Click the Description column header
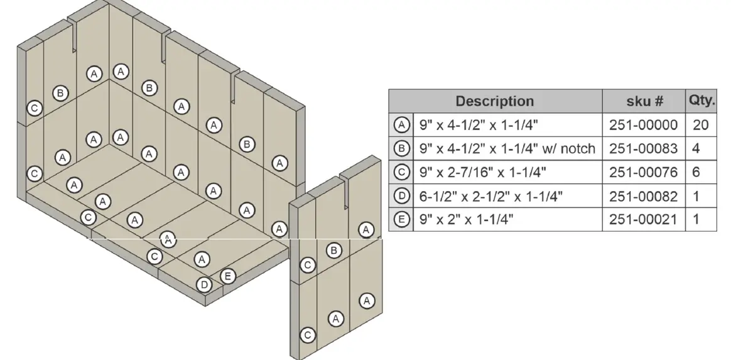494,101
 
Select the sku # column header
643,101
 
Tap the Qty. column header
701,101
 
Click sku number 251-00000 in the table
643,125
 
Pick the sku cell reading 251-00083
643,149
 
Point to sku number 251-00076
643,172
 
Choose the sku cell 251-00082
643,196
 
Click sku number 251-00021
643,219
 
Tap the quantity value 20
701,125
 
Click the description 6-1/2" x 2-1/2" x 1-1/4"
490,196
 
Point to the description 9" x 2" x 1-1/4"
465,219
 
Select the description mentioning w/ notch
507,149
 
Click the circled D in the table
401,196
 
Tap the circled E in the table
401,219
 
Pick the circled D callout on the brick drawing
204,285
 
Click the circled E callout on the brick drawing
228,275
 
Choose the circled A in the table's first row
401,125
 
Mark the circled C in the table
401,172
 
